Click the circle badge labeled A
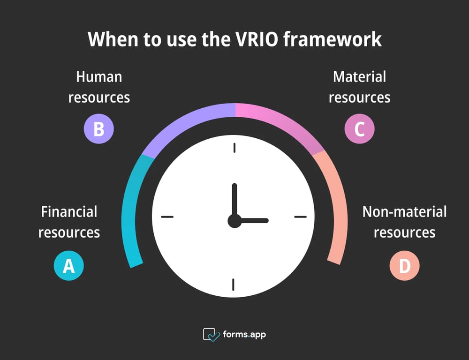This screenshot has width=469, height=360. tap(68, 266)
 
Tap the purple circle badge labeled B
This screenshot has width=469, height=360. tap(98, 128)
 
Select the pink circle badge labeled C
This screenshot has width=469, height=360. tap(359, 128)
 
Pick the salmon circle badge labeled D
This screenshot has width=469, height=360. tap(404, 266)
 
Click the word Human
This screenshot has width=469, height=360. tap(99, 76)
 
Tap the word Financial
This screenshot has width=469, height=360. tap(69, 212)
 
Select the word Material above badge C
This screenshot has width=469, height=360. tap(359, 76)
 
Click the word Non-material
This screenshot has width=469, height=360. tap(404, 212)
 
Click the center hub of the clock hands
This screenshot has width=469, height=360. tap(234, 221)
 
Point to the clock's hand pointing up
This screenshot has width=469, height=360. tap(234, 199)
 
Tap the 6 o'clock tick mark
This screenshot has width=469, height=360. tap(234, 285)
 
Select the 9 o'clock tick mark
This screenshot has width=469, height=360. tap(167, 217)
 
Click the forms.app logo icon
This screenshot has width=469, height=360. tap(212, 335)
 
